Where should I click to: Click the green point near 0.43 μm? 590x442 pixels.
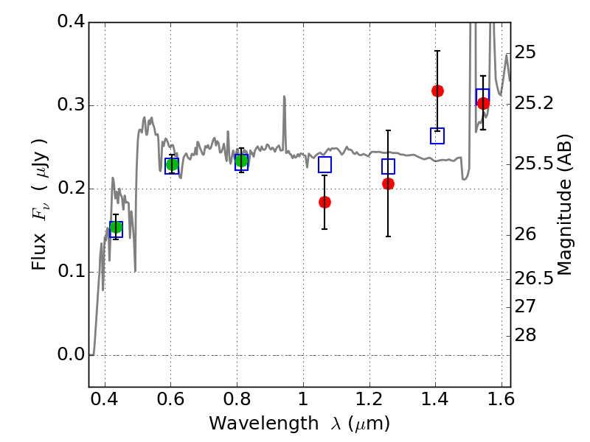(x=115, y=227)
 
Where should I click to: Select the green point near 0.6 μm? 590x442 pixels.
(x=172, y=164)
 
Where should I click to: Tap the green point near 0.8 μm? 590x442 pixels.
(x=241, y=161)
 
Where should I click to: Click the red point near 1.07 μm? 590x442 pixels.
(x=324, y=202)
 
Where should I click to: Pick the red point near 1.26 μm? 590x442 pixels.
(x=388, y=183)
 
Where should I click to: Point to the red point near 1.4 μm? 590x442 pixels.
(x=437, y=91)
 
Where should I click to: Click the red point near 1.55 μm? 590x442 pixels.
(x=483, y=103)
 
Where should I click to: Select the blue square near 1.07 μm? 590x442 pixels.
(x=324, y=165)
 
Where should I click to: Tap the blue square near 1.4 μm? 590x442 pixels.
(x=437, y=136)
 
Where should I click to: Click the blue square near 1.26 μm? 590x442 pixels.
(x=388, y=166)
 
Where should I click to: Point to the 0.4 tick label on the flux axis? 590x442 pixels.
(x=70, y=22)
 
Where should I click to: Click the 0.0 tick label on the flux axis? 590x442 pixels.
(x=70, y=355)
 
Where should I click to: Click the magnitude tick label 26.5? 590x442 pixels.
(x=535, y=278)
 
